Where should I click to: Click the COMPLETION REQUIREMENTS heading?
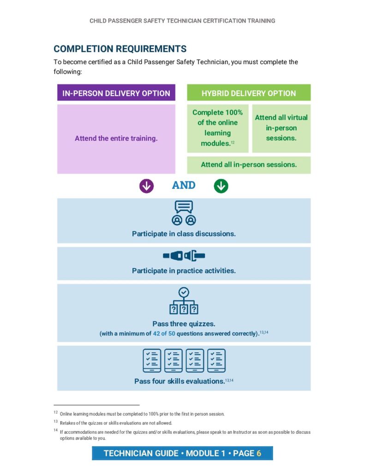pyautogui.click(x=120, y=49)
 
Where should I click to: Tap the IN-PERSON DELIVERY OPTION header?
pyautogui.click(x=116, y=93)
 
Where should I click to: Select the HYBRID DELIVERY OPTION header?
pyautogui.click(x=249, y=93)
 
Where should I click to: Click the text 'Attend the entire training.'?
pyautogui.click(x=116, y=138)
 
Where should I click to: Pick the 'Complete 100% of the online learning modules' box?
pyautogui.click(x=217, y=128)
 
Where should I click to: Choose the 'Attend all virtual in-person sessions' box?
pyautogui.click(x=281, y=128)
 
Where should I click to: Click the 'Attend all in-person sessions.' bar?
pyautogui.click(x=249, y=164)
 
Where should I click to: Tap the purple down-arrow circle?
pyautogui.click(x=146, y=186)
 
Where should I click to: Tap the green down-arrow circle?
pyautogui.click(x=221, y=186)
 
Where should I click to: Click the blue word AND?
pyautogui.click(x=184, y=185)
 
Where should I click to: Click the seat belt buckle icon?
pyautogui.click(x=184, y=255)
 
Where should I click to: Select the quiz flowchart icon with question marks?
pyautogui.click(x=184, y=301)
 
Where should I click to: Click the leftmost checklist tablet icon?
pyautogui.click(x=152, y=361)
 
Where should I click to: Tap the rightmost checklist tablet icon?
pyautogui.click(x=216, y=361)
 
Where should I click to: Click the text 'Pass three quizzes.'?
pyautogui.click(x=184, y=324)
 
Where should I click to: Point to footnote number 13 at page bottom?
pyautogui.click(x=55, y=422)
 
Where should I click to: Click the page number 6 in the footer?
pyautogui.click(x=259, y=453)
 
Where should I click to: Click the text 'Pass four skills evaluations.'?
pyautogui.click(x=179, y=381)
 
